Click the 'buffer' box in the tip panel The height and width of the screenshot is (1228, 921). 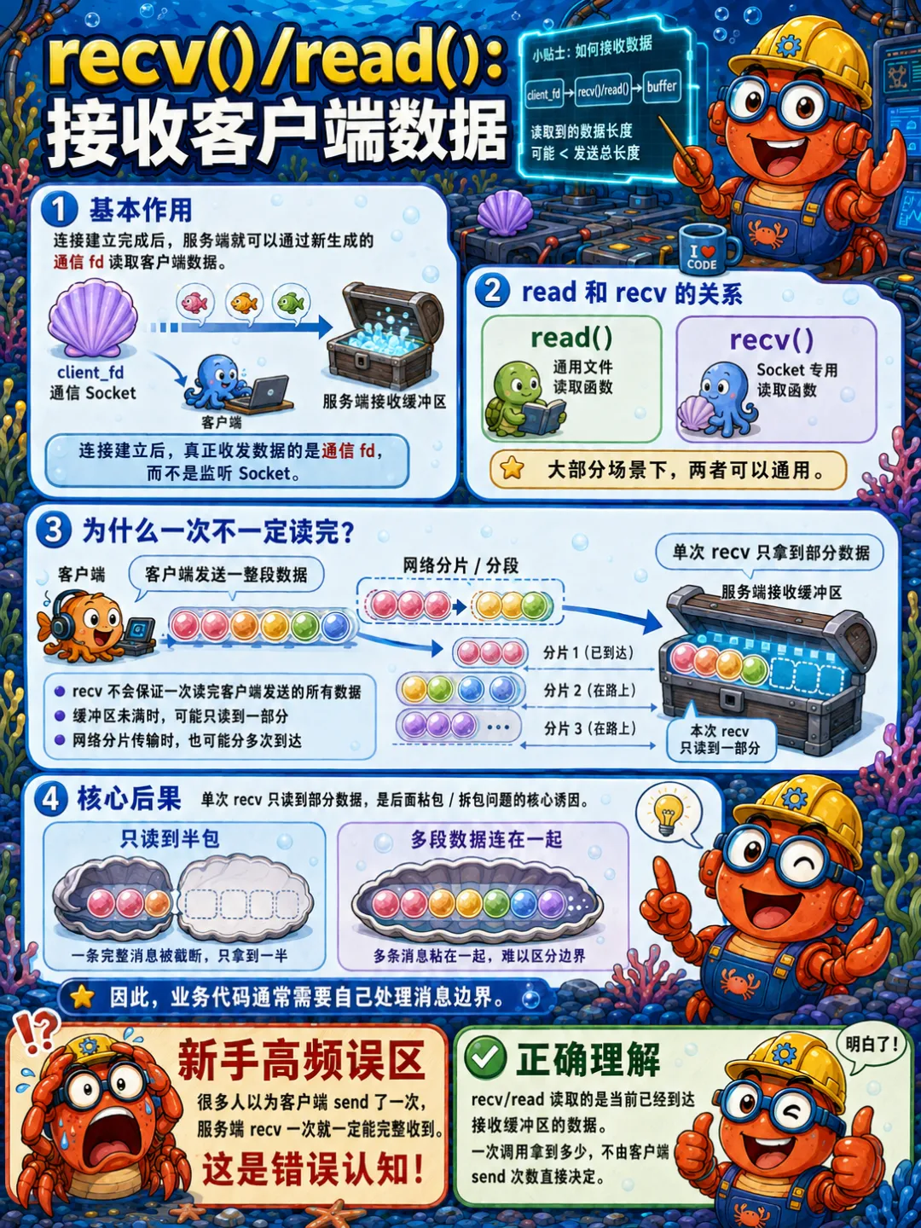pos(662,87)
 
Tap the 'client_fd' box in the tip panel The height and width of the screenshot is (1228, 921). pos(543,94)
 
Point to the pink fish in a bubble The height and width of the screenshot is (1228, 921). pos(195,303)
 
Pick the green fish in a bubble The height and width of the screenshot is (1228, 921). pos(290,303)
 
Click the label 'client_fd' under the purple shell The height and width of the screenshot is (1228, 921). pos(90,373)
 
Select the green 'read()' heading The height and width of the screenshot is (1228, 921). pos(571,338)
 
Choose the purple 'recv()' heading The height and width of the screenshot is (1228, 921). pos(771,340)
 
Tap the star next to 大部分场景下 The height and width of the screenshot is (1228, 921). pos(512,468)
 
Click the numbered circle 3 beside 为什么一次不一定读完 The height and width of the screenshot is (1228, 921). pos(53,530)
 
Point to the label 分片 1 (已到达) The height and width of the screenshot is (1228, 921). pos(588,652)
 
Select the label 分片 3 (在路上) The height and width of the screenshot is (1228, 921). pos(590,728)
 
